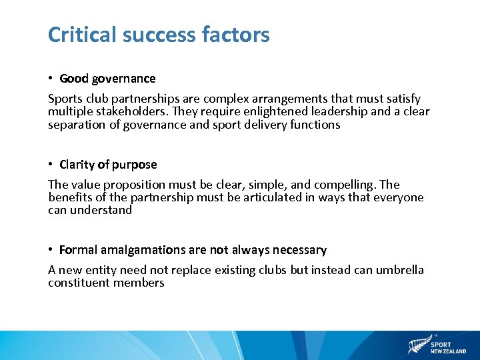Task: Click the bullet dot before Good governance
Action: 51,79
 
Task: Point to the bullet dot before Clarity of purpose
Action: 51,165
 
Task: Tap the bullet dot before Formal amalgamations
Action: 51,250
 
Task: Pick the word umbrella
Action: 398,270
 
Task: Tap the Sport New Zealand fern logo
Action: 418,345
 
